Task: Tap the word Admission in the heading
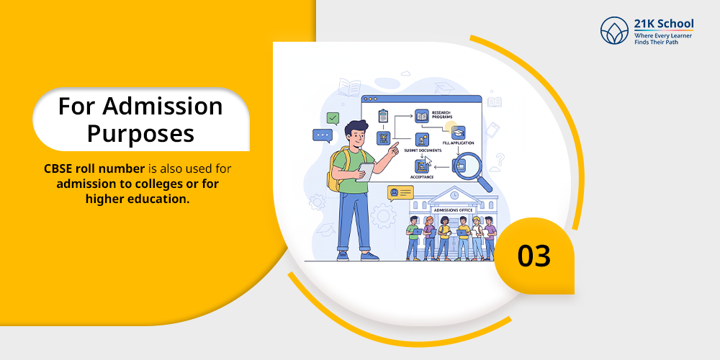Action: (x=162, y=107)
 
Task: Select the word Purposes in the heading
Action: (x=140, y=134)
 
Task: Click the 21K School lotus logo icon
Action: (x=614, y=31)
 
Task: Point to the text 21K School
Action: (x=664, y=24)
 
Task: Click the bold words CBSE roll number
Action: (x=94, y=168)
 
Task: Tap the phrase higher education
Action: (x=138, y=199)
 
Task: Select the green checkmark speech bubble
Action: (x=333, y=119)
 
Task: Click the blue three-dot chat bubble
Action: (x=323, y=136)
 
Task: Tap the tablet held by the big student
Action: (x=366, y=172)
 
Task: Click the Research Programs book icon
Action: (x=421, y=115)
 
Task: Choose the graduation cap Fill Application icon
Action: (x=458, y=132)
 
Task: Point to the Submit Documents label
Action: (x=423, y=150)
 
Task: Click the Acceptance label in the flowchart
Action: (x=422, y=177)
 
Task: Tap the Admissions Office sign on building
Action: (x=453, y=210)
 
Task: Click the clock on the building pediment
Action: (x=454, y=195)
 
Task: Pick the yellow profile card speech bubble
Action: (x=400, y=193)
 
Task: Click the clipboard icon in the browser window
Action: (x=383, y=116)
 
